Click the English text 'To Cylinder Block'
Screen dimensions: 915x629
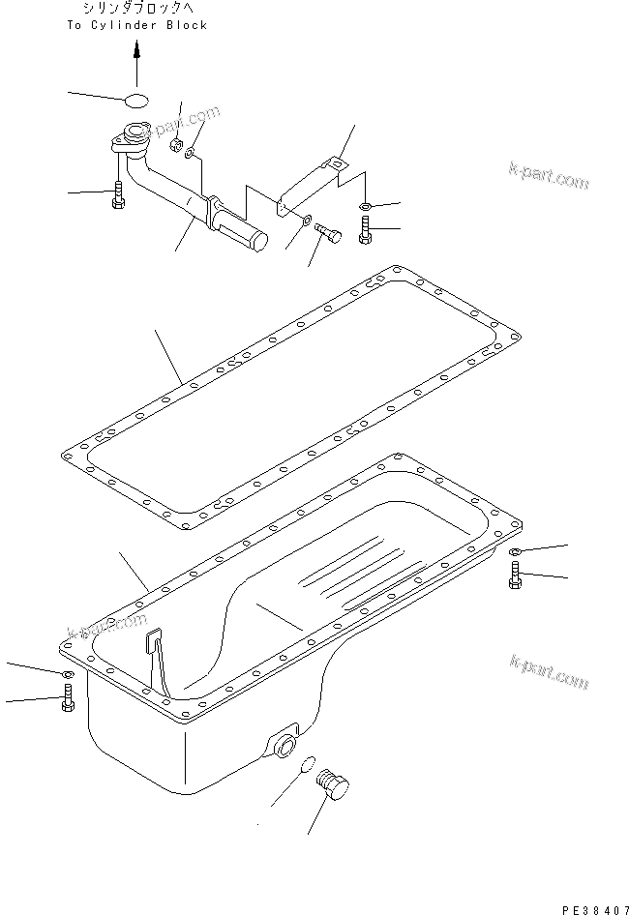click(x=137, y=25)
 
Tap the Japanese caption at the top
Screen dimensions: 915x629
click(x=137, y=9)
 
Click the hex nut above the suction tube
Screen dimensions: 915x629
click(x=176, y=146)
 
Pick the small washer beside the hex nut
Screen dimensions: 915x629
click(x=193, y=152)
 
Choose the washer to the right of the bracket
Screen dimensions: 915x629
click(x=364, y=206)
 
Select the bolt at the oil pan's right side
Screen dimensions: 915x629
click(x=513, y=577)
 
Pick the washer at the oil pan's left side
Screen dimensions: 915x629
click(x=68, y=673)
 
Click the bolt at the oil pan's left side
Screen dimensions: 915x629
click(x=67, y=698)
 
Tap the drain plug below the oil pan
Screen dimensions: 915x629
click(x=334, y=780)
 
